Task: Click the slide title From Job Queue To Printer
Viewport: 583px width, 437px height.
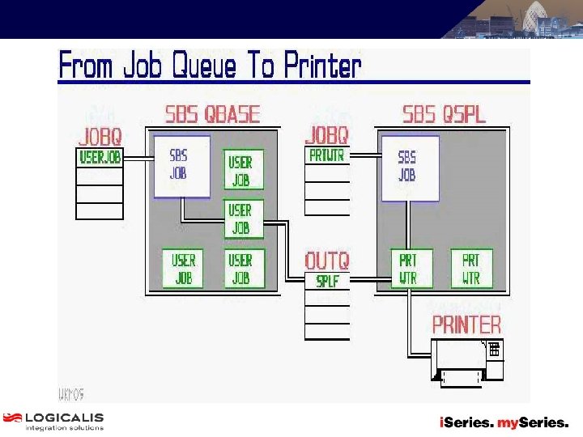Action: tap(210, 65)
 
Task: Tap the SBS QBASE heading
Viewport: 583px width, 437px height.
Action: tap(212, 114)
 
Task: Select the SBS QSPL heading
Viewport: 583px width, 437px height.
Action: tap(445, 114)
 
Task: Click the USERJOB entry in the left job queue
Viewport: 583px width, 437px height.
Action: tap(100, 158)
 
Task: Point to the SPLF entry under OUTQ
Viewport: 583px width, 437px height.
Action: tap(327, 282)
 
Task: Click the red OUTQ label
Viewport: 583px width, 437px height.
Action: tap(327, 261)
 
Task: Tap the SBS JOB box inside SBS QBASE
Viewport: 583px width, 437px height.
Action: tap(181, 165)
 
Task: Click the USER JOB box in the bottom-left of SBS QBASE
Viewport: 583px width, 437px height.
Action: tap(184, 269)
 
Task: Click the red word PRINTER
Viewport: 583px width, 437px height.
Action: tap(466, 325)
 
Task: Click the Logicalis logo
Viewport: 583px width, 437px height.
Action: tap(53, 421)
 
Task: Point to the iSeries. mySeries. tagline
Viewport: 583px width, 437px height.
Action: tap(504, 422)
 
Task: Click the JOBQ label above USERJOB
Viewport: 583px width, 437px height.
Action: tap(100, 136)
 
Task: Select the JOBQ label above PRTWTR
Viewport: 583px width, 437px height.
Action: tap(327, 135)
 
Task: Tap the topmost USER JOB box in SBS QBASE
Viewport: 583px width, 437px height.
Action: tap(243, 171)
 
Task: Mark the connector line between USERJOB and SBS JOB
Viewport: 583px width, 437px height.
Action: tap(138, 159)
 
